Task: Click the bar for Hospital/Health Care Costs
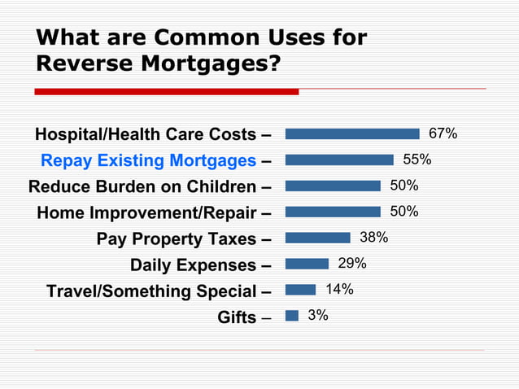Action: pos(352,133)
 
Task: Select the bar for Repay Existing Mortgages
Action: pos(339,160)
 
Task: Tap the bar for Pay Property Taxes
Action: pos(318,238)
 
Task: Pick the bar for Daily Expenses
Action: pos(307,264)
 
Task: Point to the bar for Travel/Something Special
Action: pos(300,290)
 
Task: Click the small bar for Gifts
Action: pos(292,315)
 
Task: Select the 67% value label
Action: pos(443,133)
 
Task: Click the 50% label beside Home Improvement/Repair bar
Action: pos(403,212)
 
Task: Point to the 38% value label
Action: pos(373,238)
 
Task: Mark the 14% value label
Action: pos(339,289)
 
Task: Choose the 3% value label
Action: pos(318,315)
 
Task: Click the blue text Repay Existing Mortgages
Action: pos(149,160)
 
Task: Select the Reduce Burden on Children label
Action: pos(142,186)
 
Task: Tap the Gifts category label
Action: pos(237,317)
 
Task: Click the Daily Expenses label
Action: pos(193,265)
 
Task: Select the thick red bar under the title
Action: pos(166,92)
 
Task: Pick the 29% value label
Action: pos(352,264)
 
